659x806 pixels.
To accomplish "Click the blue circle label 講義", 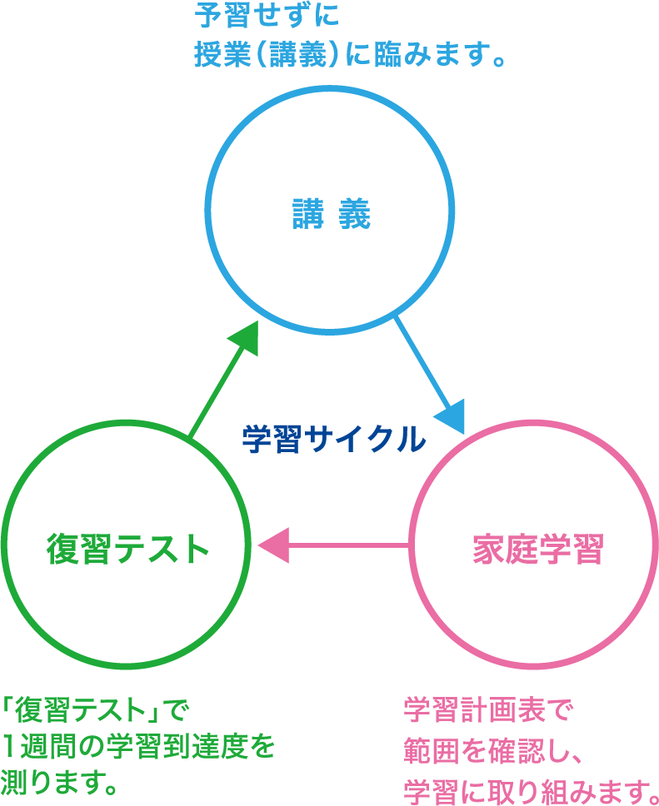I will pyautogui.click(x=331, y=215).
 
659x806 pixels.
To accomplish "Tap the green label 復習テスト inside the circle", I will pyautogui.click(x=127, y=549).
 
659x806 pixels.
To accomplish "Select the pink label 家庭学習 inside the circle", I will pyautogui.click(x=537, y=550).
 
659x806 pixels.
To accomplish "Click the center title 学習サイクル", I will pyautogui.click(x=334, y=439).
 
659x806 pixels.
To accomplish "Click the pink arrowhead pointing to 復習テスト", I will pyautogui.click(x=273, y=546).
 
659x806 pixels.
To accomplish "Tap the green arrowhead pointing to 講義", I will pyautogui.click(x=242, y=337).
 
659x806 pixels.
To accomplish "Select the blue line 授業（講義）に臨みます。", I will pyautogui.click(x=351, y=56).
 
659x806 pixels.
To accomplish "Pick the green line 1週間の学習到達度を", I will pyautogui.click(x=137, y=747).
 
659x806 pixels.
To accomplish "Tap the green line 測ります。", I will pyautogui.click(x=59, y=782).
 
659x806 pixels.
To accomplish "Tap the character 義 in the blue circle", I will pyautogui.click(x=354, y=215).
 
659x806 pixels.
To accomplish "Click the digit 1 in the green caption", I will pyautogui.click(x=8, y=747).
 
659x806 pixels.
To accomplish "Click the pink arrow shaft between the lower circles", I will pyautogui.click(x=350, y=546).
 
